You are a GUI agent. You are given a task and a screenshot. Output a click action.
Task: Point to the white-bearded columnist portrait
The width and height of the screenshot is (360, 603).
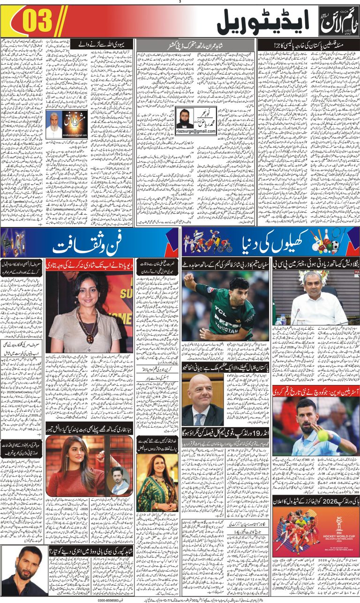56,121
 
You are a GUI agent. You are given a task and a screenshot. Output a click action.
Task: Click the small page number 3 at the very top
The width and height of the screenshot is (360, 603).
180,2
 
